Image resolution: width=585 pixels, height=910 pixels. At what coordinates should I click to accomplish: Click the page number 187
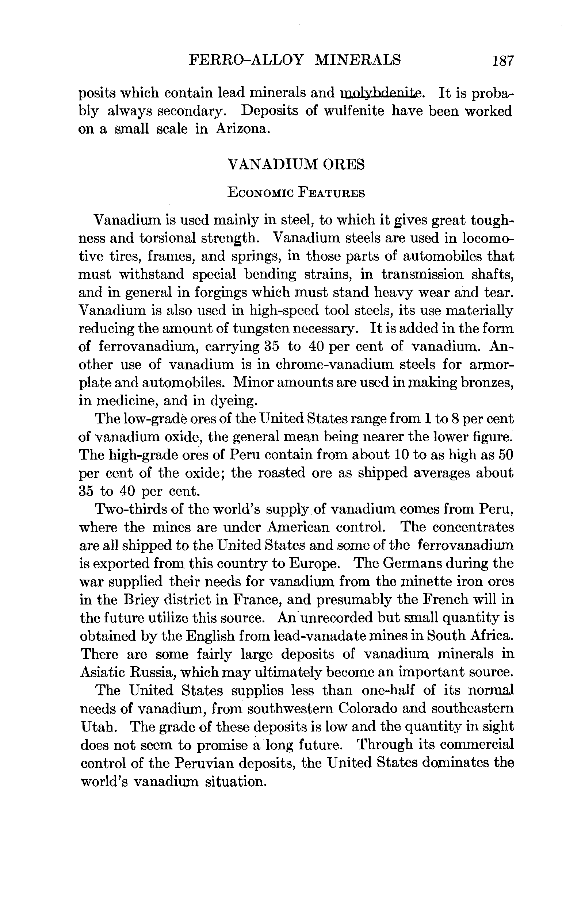pyautogui.click(x=502, y=61)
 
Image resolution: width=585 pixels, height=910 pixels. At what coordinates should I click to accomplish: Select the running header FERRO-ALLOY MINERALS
pyautogui.click(x=295, y=60)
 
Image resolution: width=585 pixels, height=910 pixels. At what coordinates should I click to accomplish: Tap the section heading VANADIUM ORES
pyautogui.click(x=296, y=164)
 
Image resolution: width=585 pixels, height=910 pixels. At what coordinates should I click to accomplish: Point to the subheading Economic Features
pyautogui.click(x=296, y=193)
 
